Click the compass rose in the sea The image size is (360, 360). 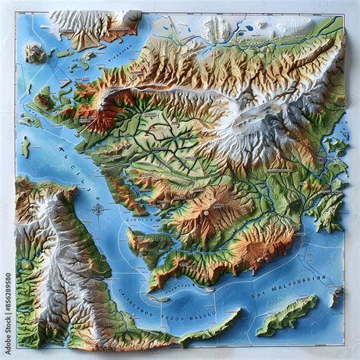(98, 209)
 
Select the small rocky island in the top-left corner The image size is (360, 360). (33, 52)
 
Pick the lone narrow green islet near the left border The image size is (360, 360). (25, 147)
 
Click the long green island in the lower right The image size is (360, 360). (287, 314)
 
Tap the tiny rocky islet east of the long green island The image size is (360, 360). (335, 297)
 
